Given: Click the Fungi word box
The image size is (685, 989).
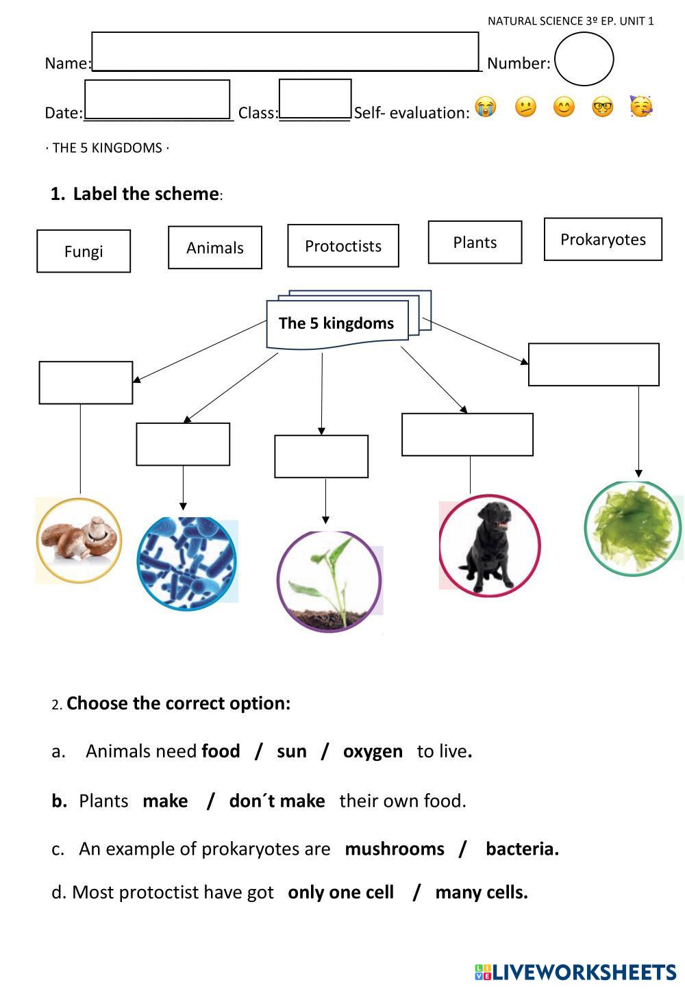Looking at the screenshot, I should tap(84, 251).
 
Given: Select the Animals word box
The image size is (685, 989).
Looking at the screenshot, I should tap(215, 247).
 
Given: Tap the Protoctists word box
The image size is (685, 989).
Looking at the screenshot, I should tap(343, 246).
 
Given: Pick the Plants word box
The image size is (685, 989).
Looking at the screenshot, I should tap(475, 242).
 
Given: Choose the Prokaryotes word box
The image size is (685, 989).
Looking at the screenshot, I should tap(603, 240).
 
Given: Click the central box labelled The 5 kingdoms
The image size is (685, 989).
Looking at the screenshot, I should tap(337, 323).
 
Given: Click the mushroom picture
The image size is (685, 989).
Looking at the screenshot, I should tap(79, 540).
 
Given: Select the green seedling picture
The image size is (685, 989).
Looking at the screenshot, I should tap(328, 581).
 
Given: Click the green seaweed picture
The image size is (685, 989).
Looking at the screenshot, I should tap(633, 527).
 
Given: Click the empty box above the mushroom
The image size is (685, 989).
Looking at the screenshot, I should tap(86, 383).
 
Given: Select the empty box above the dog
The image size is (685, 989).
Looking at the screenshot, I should tap(467, 435).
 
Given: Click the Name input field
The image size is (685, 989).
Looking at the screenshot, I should tap(285, 51).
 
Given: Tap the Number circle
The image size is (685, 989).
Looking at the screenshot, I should tap(584, 60).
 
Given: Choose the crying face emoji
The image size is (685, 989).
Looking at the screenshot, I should tap(485, 108).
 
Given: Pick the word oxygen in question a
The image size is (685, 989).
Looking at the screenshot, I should tap(373, 751).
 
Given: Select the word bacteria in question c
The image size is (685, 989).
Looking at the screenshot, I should tap(522, 849).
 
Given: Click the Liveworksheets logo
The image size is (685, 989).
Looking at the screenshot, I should tap(575, 972).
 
